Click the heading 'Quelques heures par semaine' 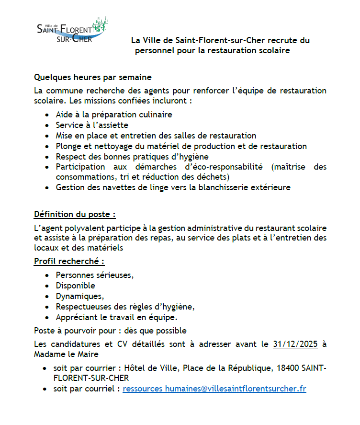point(93,77)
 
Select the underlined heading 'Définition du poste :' point(75,214)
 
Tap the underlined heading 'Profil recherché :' point(69,261)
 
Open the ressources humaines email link point(214,389)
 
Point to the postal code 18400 point(287,368)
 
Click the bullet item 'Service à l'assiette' point(92,125)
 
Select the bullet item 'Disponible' point(76,286)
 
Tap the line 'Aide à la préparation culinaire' point(114,115)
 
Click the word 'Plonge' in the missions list point(68,146)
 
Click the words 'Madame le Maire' point(66,354)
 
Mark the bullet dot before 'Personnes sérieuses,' point(46,276)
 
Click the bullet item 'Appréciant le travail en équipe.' point(117,317)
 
